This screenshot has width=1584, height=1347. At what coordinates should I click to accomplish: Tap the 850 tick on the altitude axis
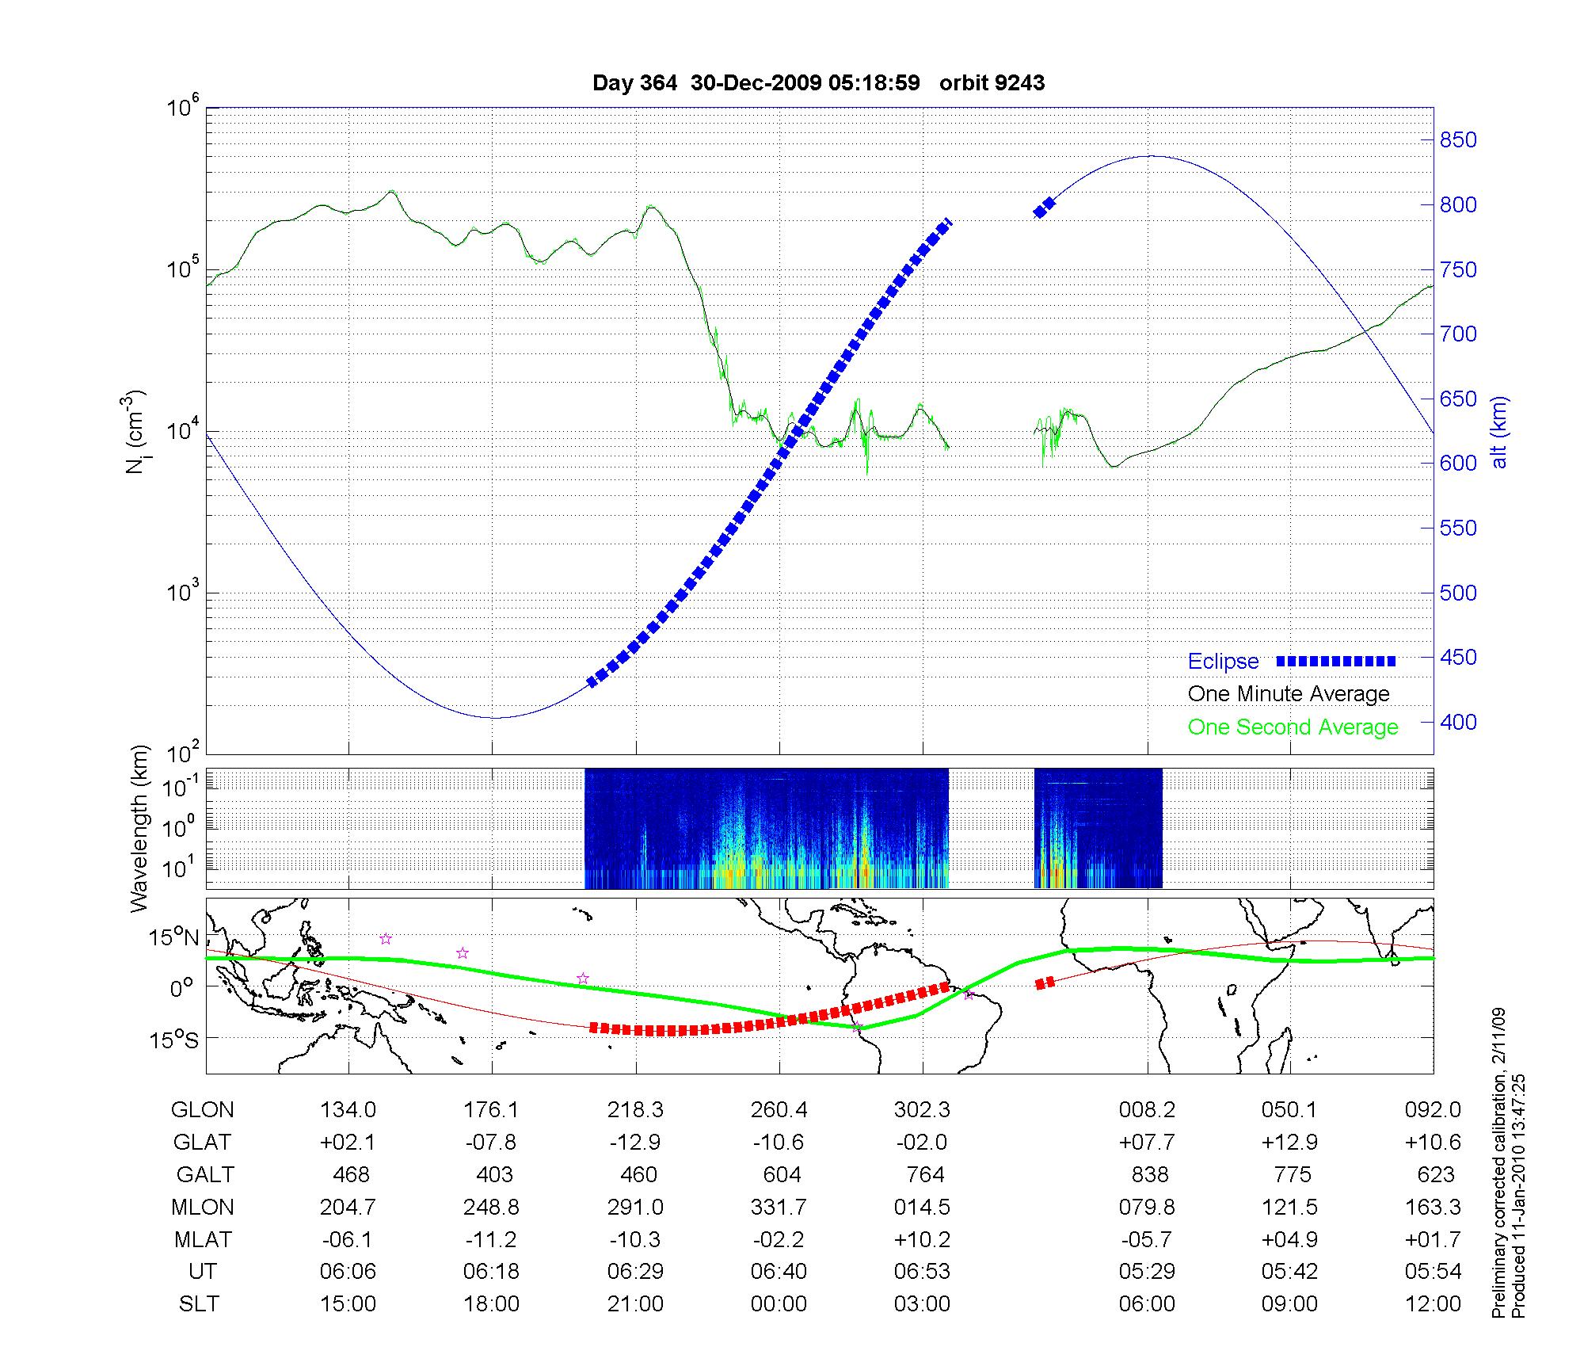click(x=1458, y=140)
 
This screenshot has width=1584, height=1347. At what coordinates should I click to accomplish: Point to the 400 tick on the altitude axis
click(x=1458, y=722)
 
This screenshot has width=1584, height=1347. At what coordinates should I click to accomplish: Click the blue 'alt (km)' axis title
click(x=1498, y=432)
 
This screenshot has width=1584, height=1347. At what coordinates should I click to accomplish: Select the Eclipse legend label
click(x=1223, y=662)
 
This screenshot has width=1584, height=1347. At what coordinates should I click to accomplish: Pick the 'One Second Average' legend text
click(x=1293, y=727)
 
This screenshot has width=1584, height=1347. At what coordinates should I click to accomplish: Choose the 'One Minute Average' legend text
click(x=1289, y=694)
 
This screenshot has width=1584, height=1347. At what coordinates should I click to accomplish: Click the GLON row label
click(x=202, y=1110)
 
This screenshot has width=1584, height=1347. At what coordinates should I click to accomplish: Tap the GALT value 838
click(x=1150, y=1174)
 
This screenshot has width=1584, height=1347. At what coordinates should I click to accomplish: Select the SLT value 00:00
click(x=779, y=1303)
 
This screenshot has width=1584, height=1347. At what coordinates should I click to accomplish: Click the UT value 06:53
click(x=923, y=1271)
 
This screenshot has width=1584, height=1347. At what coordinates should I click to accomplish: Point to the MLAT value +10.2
click(x=923, y=1239)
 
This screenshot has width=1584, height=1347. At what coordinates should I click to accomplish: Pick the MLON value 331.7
click(x=779, y=1207)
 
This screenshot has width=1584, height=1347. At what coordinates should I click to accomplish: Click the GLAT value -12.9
click(x=635, y=1142)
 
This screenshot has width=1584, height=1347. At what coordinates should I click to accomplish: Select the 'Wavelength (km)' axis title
click(x=140, y=828)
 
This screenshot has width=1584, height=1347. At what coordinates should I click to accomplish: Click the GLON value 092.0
click(x=1433, y=1110)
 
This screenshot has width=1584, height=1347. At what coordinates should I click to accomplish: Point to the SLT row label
click(x=199, y=1303)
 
